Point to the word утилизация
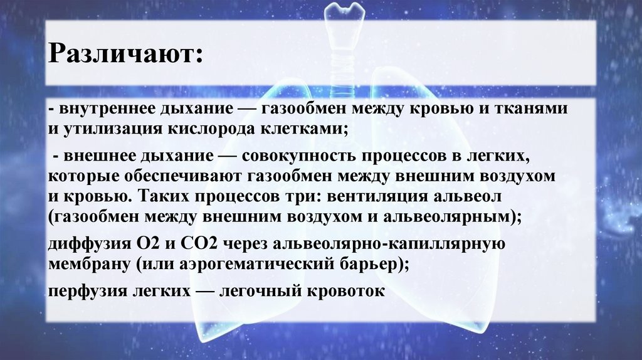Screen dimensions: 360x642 [x=105, y=129]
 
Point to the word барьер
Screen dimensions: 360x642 [x=377, y=263]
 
